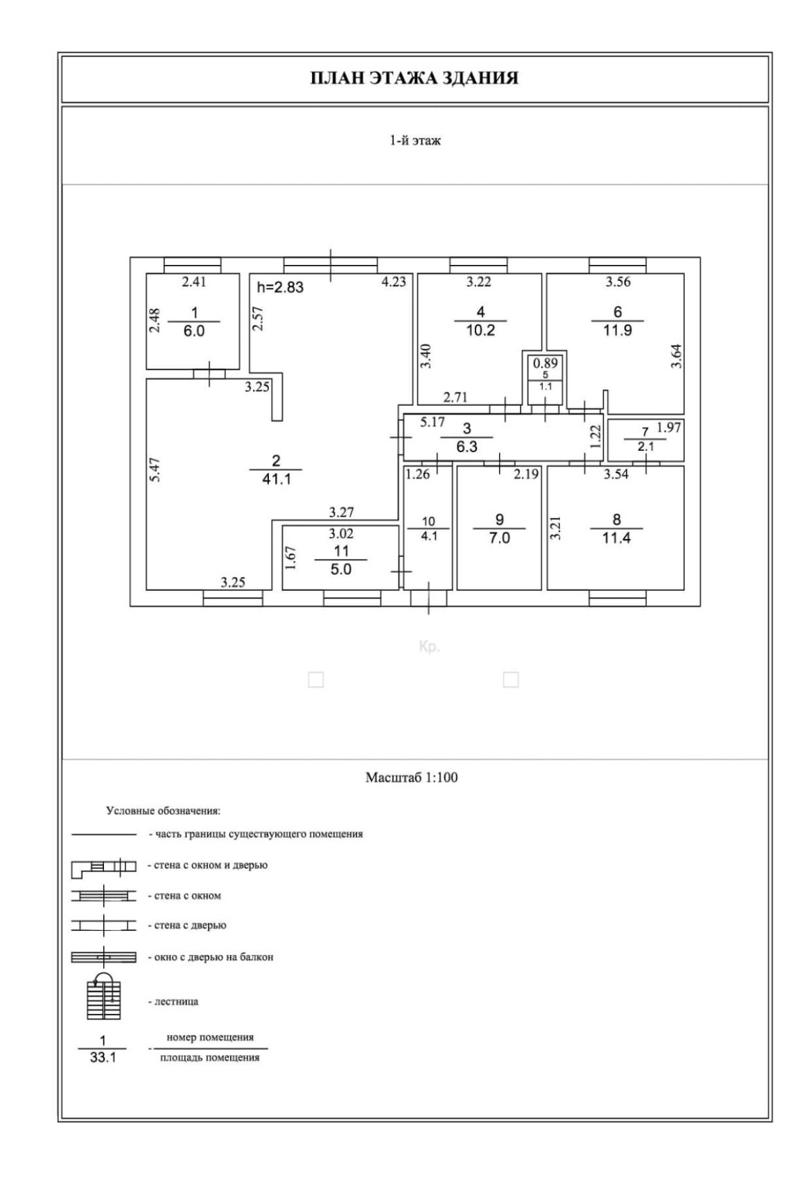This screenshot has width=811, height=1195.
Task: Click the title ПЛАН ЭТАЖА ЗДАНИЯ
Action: click(414, 78)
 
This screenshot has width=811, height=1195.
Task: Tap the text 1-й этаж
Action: click(415, 141)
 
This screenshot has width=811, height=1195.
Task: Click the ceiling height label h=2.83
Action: click(280, 286)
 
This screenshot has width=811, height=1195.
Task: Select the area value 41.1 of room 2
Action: click(276, 479)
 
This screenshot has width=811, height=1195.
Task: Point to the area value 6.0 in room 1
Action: click(194, 331)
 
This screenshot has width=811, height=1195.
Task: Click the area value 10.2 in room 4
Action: click(480, 330)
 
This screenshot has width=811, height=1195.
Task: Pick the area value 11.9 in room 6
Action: click(617, 330)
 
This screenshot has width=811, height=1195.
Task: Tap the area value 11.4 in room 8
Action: click(616, 538)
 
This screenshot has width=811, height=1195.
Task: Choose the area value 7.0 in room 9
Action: click(499, 538)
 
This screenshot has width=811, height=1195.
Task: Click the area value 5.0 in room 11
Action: click(341, 569)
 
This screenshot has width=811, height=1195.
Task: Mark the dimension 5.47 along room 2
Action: click(156, 469)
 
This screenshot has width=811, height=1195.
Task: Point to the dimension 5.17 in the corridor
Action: click(433, 422)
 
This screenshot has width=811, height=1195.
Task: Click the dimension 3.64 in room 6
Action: click(677, 356)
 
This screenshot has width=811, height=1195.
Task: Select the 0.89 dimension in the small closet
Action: click(546, 363)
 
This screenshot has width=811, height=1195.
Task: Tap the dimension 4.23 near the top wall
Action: click(394, 282)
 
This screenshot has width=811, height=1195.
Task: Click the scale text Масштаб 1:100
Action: click(411, 777)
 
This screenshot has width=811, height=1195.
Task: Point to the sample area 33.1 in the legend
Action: click(103, 1059)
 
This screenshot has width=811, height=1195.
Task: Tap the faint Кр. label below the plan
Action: click(429, 648)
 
